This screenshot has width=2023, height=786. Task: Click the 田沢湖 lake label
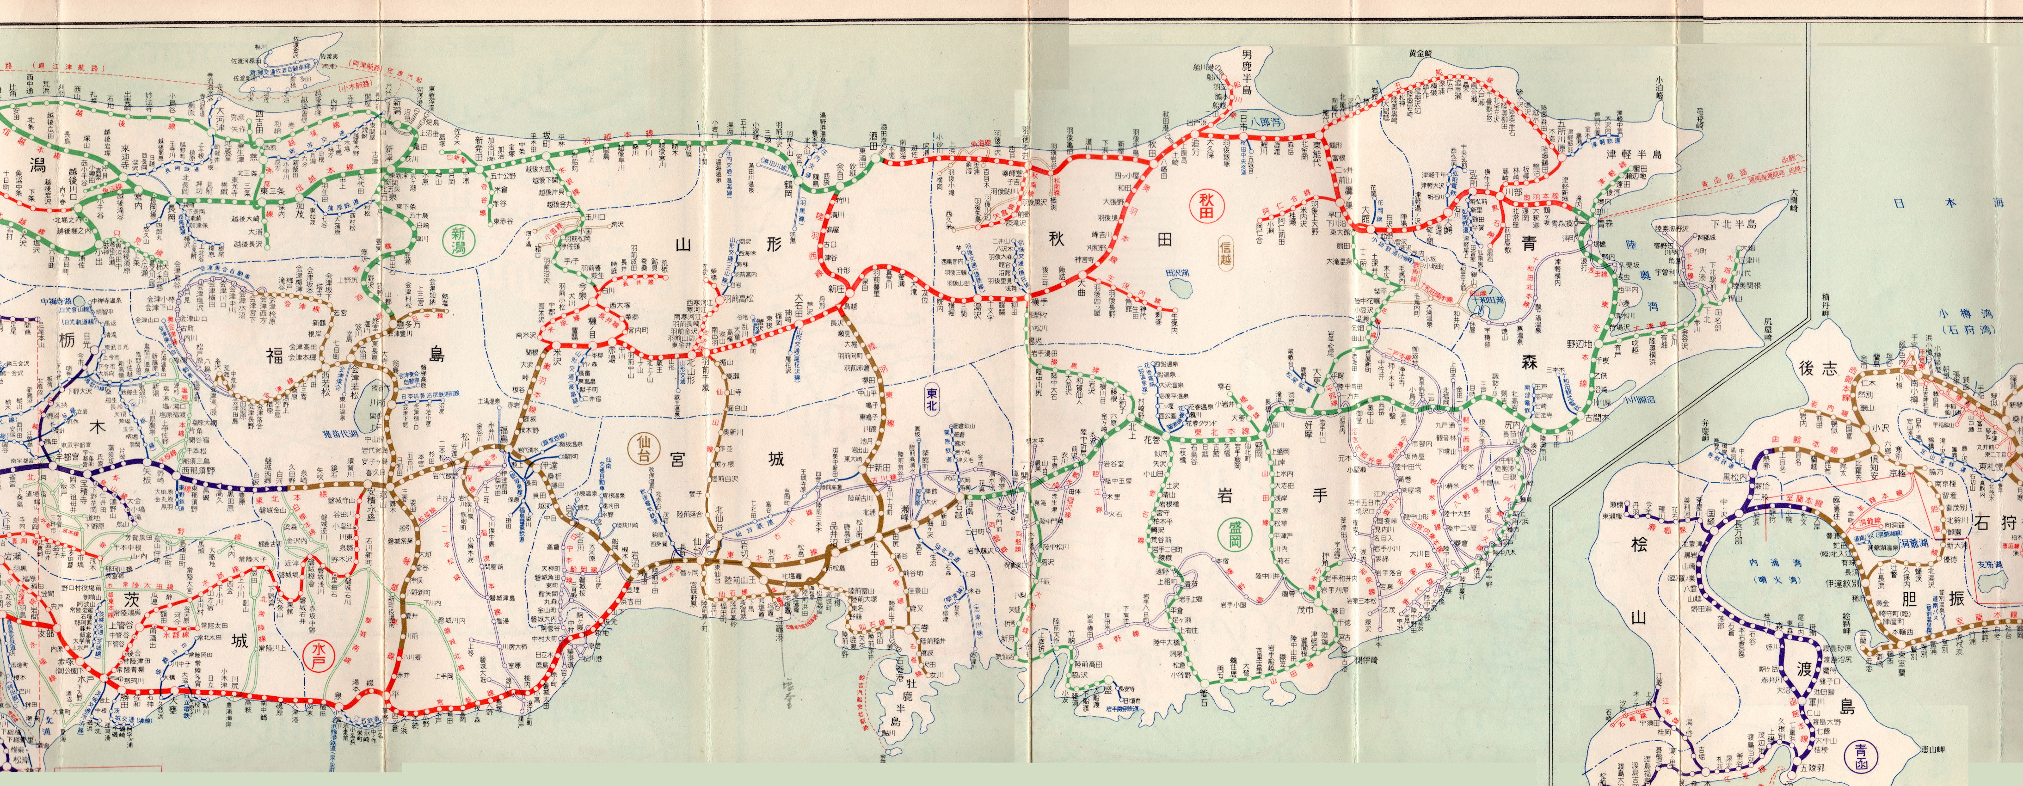1175,272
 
